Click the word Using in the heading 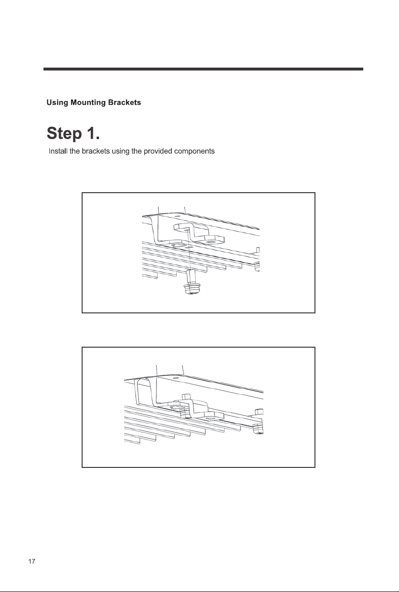click(57, 103)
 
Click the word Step click(64, 134)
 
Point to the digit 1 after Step click(91, 133)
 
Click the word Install click(58, 151)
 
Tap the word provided click(158, 152)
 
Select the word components click(194, 152)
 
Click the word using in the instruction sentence click(120, 152)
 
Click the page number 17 click(32, 562)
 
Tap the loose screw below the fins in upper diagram click(191, 282)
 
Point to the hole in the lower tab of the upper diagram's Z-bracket click(211, 242)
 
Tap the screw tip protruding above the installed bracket click(186, 396)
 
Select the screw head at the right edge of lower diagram click(258, 429)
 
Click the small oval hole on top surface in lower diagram click(175, 378)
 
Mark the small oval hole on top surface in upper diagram click(177, 216)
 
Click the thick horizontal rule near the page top click(203, 69)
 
